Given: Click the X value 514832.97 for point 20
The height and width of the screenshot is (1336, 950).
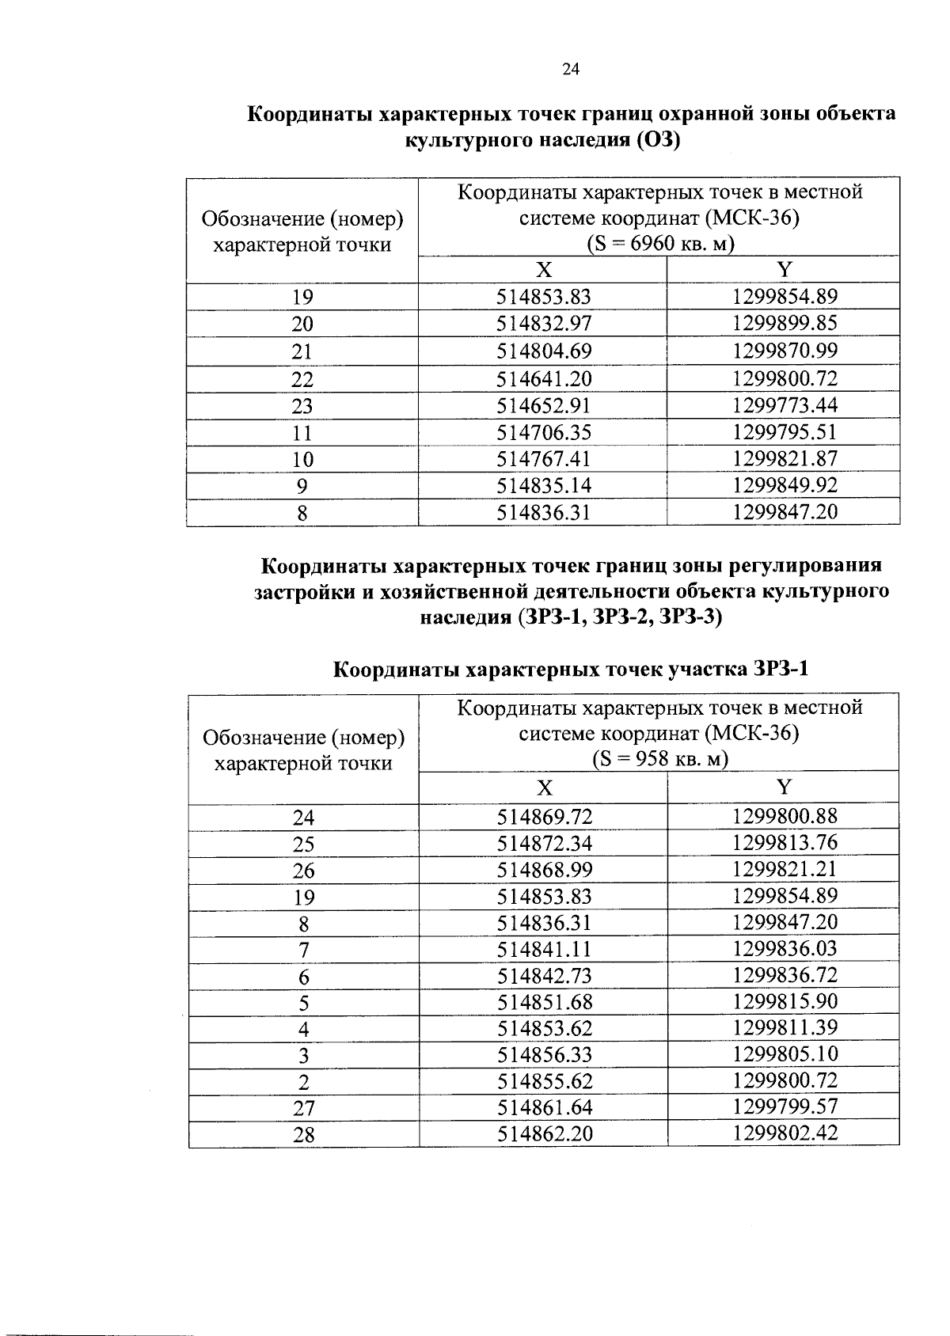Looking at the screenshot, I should [544, 324].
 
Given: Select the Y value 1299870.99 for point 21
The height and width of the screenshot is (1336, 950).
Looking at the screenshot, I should [785, 351].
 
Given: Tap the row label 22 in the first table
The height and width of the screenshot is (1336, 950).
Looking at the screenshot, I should [302, 379].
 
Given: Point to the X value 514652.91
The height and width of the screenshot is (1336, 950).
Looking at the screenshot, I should [544, 405].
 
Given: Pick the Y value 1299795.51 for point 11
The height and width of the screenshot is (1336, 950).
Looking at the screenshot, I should [785, 432].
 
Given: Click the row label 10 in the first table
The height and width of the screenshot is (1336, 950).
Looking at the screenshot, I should [302, 460].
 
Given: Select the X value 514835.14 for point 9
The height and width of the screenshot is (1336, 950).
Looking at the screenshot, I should [544, 485].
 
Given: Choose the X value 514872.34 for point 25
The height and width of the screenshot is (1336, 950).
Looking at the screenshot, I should [545, 843].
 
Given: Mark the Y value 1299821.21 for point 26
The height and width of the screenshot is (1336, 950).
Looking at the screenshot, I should [785, 869].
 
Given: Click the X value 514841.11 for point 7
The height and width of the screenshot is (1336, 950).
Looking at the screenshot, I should [545, 949].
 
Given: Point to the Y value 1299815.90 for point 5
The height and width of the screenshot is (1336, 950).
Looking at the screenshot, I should [785, 1001].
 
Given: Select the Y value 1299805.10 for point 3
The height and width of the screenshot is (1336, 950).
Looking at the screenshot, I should [785, 1054].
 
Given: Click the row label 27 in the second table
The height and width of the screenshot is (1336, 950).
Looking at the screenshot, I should [304, 1108].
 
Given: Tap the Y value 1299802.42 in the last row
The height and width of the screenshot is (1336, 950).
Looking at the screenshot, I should [785, 1133].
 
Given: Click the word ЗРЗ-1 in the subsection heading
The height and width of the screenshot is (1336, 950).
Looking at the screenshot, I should [780, 670].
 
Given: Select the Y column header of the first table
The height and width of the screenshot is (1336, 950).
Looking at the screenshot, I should [784, 270].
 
